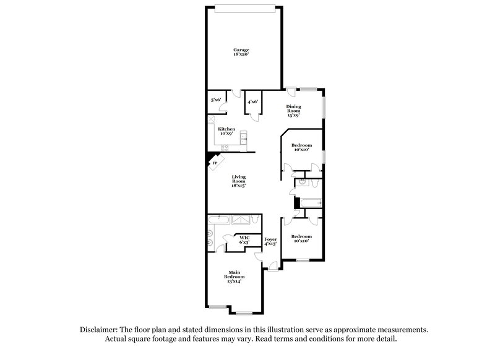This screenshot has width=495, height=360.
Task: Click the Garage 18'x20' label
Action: [x=241, y=52]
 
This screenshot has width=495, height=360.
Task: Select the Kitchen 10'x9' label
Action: [x=226, y=131]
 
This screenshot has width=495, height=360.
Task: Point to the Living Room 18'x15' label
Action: [x=239, y=181]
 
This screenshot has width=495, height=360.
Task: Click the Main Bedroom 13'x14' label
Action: [x=235, y=276]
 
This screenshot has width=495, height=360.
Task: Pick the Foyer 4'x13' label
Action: [x=270, y=241]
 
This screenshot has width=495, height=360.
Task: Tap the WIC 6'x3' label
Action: [x=244, y=239]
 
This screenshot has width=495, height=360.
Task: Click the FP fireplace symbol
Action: [x=215, y=163]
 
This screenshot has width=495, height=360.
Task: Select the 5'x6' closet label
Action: [x=216, y=100]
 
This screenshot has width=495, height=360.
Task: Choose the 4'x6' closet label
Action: [x=252, y=102]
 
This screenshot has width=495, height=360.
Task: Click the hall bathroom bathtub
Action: [x=309, y=202]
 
